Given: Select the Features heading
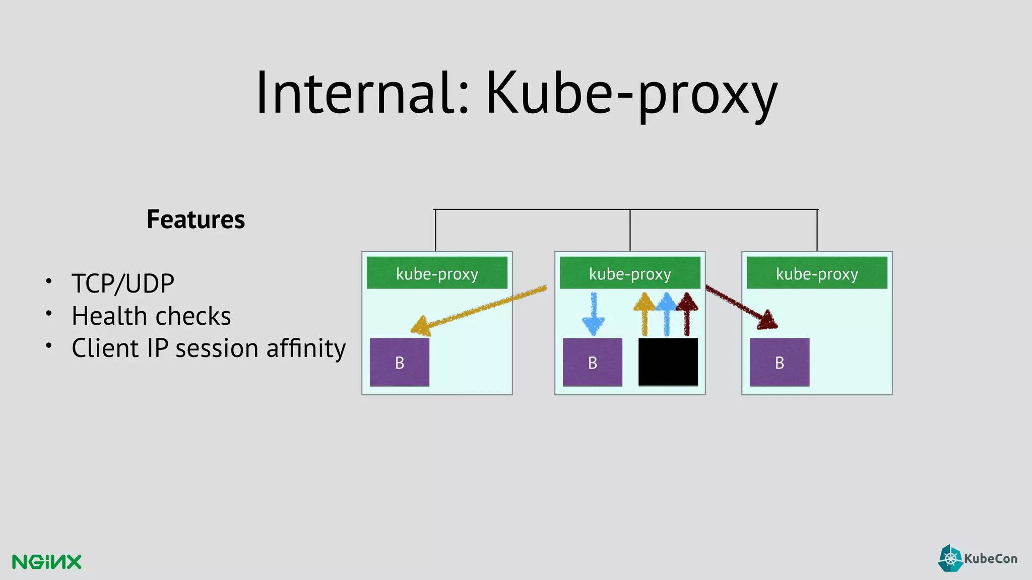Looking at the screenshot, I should click(196, 220).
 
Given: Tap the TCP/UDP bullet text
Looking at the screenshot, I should click(123, 283).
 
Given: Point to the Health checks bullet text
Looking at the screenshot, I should click(151, 316).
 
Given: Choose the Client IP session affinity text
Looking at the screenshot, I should click(209, 348).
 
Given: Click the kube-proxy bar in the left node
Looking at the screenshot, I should click(437, 273).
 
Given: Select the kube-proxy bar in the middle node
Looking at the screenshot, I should click(630, 273).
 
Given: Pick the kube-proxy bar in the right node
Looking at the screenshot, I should click(817, 273).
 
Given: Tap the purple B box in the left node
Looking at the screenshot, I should click(400, 362).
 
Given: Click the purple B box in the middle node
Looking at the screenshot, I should click(592, 362).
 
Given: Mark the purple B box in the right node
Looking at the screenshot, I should click(780, 362).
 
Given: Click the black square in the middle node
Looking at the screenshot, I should click(668, 362).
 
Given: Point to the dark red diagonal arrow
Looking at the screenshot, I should click(741, 307).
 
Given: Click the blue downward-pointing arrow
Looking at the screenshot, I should click(594, 315).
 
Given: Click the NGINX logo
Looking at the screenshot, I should click(47, 562).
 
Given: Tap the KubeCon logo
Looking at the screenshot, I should click(978, 558).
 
